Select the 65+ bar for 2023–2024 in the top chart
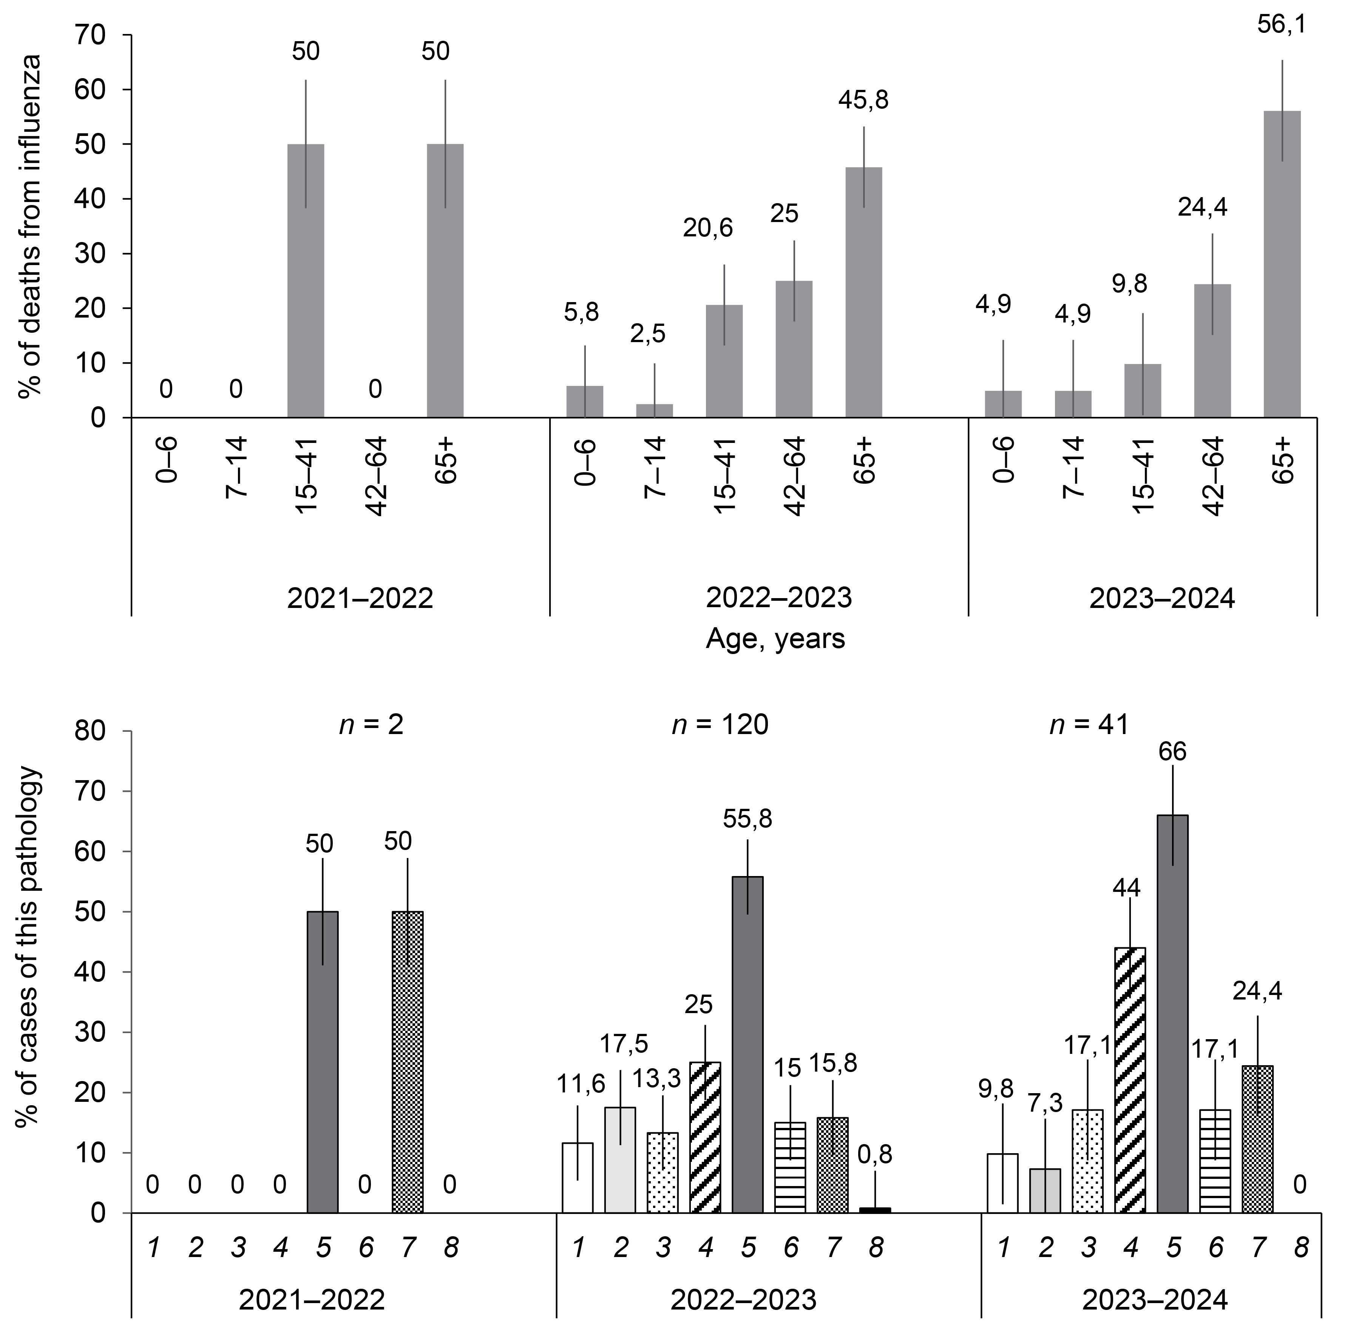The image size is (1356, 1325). (x=1282, y=264)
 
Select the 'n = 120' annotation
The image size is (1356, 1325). (x=720, y=725)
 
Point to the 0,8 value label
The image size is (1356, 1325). (x=875, y=1155)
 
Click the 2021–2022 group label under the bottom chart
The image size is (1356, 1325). (x=312, y=1300)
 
